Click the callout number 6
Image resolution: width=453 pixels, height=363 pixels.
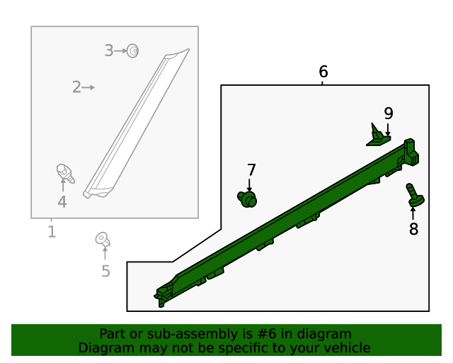[323, 72]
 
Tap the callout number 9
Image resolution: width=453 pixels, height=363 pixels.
[389, 113]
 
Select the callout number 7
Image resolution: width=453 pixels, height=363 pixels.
[251, 170]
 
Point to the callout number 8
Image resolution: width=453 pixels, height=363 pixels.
[413, 229]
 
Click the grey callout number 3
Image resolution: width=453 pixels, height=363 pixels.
[108, 50]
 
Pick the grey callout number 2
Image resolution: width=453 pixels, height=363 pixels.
[76, 87]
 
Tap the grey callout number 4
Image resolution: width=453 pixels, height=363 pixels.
[62, 202]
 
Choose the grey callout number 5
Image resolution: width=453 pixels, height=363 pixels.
[105, 272]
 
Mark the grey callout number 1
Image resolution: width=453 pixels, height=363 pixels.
[52, 232]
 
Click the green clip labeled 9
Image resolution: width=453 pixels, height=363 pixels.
[377, 137]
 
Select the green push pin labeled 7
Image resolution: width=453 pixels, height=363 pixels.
[247, 199]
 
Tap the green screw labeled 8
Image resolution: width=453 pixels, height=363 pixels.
[415, 196]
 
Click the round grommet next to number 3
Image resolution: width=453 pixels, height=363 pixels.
[133, 51]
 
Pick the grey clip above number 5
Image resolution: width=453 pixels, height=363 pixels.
[103, 240]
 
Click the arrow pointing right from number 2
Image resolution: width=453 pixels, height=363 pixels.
[88, 87]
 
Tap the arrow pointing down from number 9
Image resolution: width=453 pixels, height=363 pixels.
[388, 129]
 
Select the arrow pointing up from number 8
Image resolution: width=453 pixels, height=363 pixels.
[413, 213]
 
